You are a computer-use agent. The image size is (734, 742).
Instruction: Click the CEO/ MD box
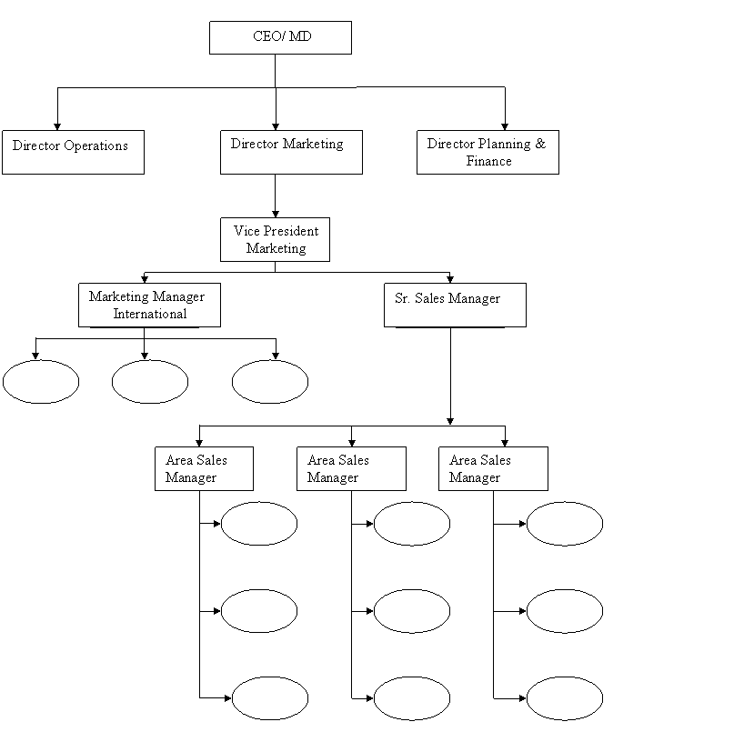[280, 37]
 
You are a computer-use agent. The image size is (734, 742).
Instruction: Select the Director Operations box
[73, 152]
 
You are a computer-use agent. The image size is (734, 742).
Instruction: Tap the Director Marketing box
[291, 152]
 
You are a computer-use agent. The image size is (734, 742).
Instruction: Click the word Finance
[488, 161]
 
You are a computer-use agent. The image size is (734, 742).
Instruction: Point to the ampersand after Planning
[540, 144]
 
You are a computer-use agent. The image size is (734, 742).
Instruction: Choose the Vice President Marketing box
[275, 239]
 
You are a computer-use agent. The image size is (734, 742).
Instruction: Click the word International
[149, 314]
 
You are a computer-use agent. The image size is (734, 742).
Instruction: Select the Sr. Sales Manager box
[455, 305]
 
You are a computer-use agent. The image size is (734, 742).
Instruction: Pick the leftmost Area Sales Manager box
[204, 468]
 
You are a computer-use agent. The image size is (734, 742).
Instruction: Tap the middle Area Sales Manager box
[351, 468]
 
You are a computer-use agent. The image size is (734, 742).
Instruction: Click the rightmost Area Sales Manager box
[493, 468]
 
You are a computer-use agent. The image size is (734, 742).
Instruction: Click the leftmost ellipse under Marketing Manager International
[41, 381]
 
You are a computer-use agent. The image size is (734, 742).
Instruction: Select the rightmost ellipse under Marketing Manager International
[270, 381]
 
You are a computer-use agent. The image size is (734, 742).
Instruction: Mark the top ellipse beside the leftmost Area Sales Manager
[259, 524]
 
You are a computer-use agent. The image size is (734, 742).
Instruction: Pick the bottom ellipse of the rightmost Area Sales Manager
[565, 698]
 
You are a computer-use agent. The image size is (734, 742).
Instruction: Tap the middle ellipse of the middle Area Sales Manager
[412, 611]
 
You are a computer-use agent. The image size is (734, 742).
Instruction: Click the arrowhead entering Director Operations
[57, 126]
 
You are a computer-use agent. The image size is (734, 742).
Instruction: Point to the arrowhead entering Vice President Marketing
[276, 214]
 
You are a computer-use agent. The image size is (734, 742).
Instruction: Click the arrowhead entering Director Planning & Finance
[505, 126]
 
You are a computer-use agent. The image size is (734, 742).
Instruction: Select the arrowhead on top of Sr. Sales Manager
[450, 279]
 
